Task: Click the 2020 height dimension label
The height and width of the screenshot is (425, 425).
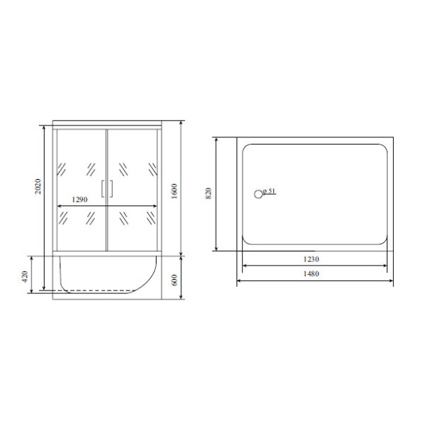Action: pyautogui.click(x=38, y=186)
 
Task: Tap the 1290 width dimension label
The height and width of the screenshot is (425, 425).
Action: pyautogui.click(x=79, y=200)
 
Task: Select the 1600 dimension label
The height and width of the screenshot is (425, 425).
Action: pyautogui.click(x=174, y=191)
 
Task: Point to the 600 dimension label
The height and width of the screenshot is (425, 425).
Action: pyautogui.click(x=174, y=280)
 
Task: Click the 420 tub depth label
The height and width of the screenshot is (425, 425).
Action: pyautogui.click(x=25, y=276)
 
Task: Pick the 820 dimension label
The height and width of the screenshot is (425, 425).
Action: pyautogui.click(x=208, y=193)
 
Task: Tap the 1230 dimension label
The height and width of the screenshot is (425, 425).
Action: pyautogui.click(x=311, y=259)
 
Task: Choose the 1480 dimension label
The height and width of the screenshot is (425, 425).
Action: pyautogui.click(x=311, y=273)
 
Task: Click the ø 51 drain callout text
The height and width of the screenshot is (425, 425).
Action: pyautogui.click(x=269, y=191)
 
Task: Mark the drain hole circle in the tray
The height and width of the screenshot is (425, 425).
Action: pyautogui.click(x=259, y=194)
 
